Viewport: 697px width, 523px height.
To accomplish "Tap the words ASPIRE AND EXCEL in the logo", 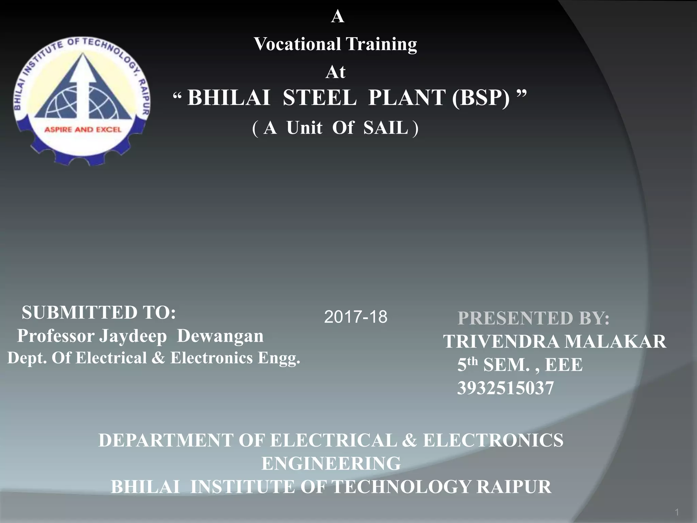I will coord(83,130).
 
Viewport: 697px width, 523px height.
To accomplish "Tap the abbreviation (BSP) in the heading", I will coord(481,98).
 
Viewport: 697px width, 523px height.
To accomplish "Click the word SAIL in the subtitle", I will coord(386,128).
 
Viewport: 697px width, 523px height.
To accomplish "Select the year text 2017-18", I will coord(355,317).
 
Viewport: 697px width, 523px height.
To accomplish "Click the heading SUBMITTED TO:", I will coord(99,313).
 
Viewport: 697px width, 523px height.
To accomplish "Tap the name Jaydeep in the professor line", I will coord(133,336).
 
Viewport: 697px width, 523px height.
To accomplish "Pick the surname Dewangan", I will coord(220,336).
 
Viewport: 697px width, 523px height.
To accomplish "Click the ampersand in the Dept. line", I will coord(158,358).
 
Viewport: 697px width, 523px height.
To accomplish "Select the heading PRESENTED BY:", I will coord(533,318).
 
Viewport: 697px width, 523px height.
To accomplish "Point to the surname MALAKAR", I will coord(615,342).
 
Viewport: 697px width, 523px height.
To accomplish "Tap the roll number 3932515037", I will coord(505,388).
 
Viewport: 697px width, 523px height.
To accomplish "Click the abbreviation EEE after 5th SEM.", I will coord(564,365).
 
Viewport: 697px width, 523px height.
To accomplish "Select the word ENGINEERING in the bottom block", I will coord(331,463).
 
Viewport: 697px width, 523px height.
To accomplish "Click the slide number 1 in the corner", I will coord(677,512).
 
